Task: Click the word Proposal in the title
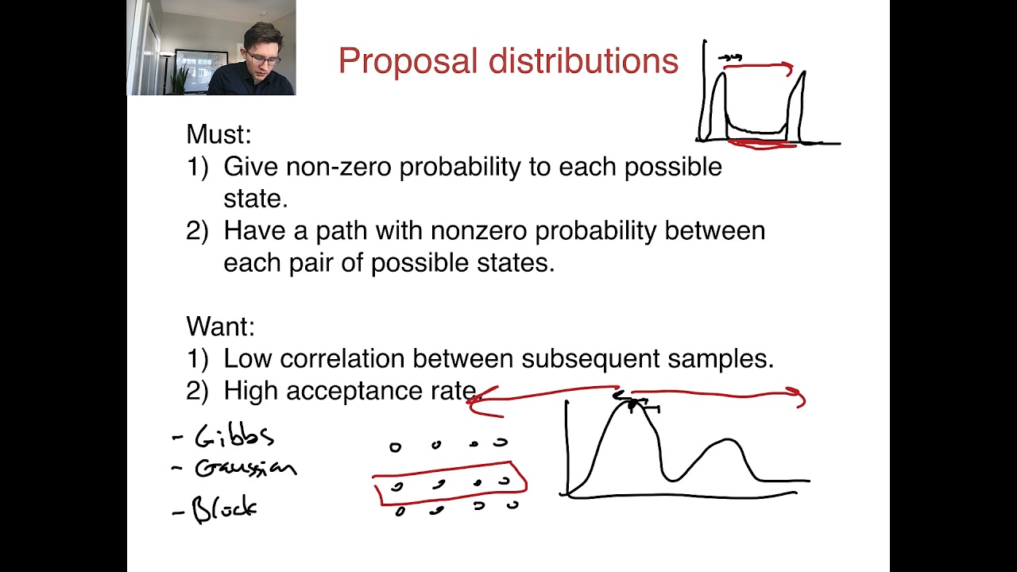[394, 62]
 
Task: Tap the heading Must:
[218, 134]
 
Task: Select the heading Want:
[220, 327]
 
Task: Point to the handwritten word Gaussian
[245, 468]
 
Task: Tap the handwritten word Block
[225, 508]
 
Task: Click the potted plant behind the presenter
[180, 78]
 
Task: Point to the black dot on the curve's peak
[633, 406]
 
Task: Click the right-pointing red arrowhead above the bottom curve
[797, 397]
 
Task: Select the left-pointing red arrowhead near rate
[477, 401]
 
